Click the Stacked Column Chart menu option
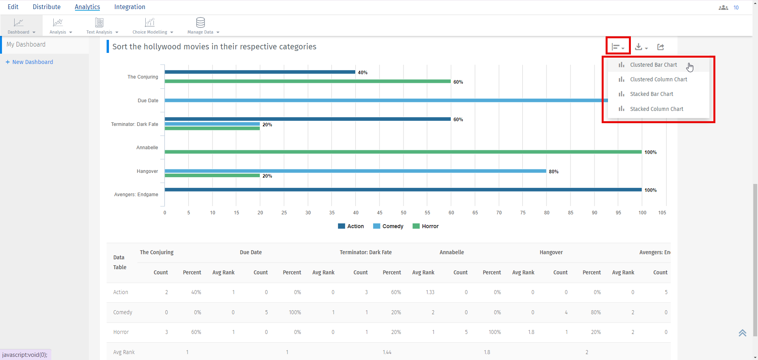pos(656,109)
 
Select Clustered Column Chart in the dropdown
pos(658,79)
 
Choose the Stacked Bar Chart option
pos(651,94)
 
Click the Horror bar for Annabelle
pos(403,152)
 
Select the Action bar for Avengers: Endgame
pos(403,190)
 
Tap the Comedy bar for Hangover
pos(355,171)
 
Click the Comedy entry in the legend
pos(388,226)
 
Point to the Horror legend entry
pos(426,226)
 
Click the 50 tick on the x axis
pos(403,213)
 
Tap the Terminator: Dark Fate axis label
pos(135,124)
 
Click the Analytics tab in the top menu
pos(87,7)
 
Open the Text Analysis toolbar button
pos(100,26)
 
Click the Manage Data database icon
pos(201,22)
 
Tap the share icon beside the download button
pos(660,47)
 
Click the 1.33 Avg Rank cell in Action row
pos(430,292)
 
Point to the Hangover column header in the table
pos(551,253)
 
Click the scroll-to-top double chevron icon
pos(742,333)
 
